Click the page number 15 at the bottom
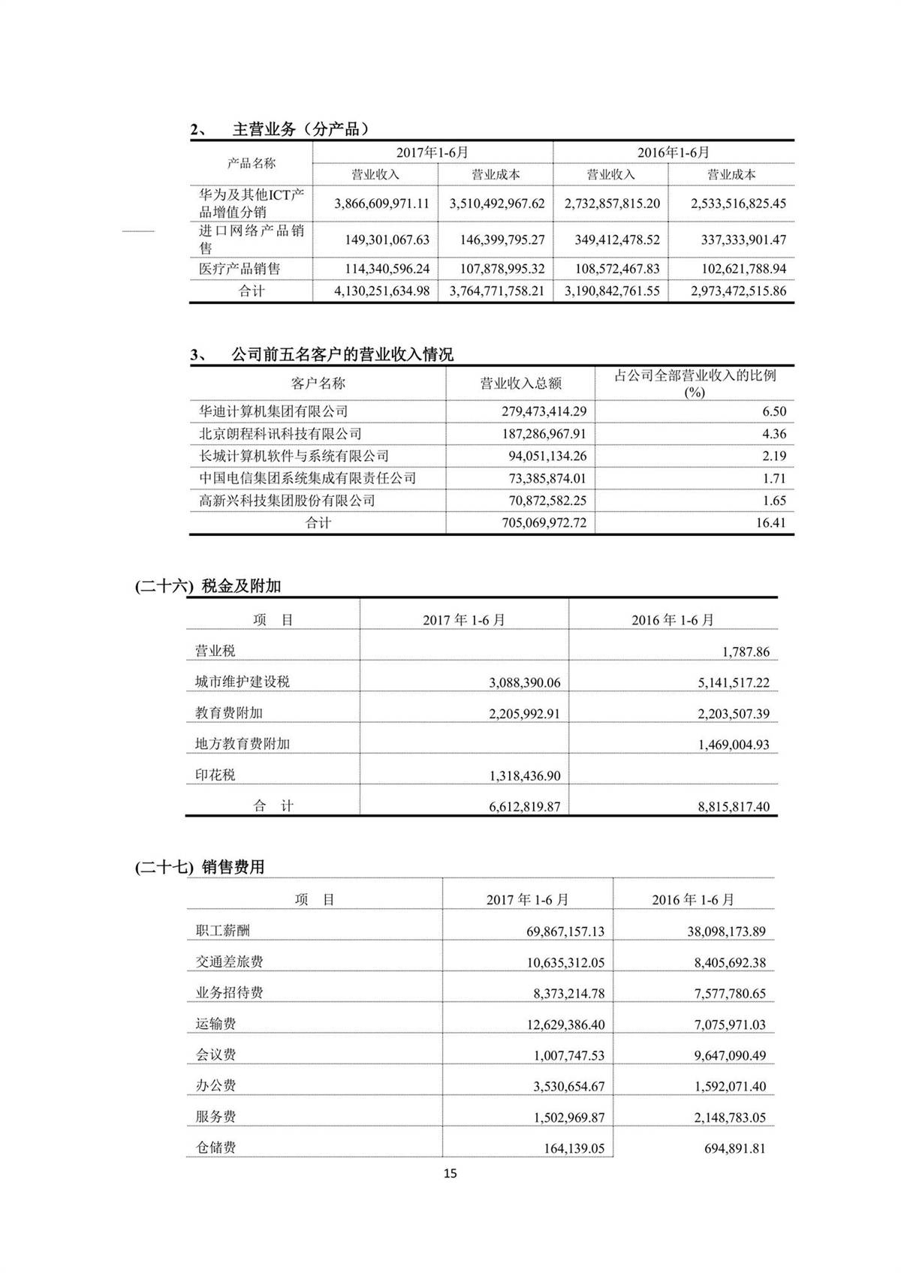450,1173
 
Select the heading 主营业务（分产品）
301,129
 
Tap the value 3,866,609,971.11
381,203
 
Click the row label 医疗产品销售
239,269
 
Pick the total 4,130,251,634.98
381,291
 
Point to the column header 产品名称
251,163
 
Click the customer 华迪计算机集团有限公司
273,411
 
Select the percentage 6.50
773,411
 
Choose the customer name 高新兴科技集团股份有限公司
287,501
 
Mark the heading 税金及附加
241,586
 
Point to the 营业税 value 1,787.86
746,652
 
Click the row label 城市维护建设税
242,682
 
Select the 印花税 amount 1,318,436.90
524,776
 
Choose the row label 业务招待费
229,993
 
